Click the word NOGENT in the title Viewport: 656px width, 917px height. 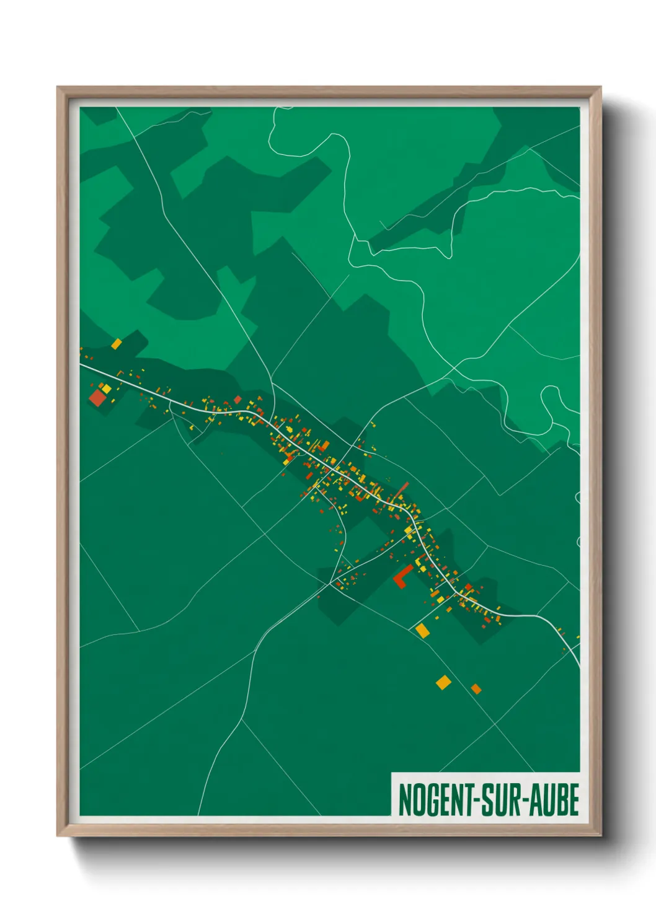437,800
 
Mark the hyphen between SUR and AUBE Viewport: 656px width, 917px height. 530,801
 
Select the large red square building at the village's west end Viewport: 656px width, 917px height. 98,397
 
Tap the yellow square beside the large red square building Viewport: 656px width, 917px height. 107,388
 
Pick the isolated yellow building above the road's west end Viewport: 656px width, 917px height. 116,343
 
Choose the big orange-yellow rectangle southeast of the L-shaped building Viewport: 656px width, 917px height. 423,630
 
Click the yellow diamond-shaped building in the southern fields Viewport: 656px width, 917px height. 443,682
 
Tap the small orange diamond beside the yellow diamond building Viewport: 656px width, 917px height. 476,688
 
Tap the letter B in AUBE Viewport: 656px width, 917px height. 563,800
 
